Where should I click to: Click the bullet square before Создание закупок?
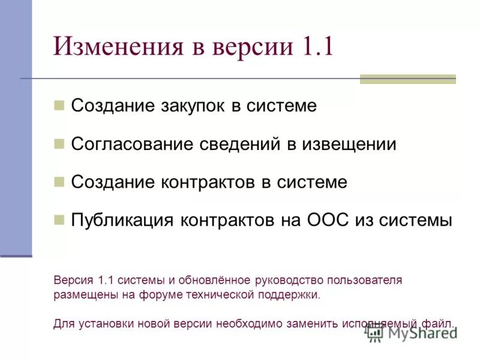(x=59, y=106)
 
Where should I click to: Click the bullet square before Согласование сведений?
(x=59, y=144)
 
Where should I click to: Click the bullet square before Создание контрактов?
(x=59, y=182)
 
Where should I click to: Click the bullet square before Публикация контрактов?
(x=59, y=220)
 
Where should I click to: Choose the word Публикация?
(x=121, y=220)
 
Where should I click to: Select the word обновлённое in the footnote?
(x=214, y=280)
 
